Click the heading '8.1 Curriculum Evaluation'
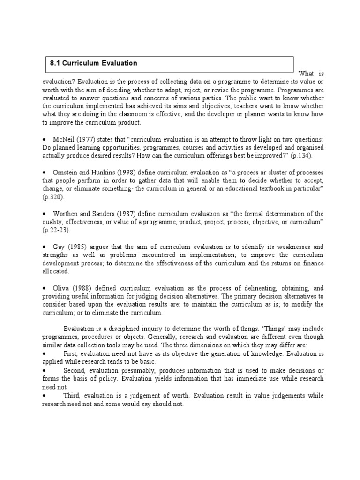[94, 63]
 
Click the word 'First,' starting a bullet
[72, 354]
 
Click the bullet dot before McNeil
[44, 140]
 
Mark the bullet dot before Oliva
[44, 289]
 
